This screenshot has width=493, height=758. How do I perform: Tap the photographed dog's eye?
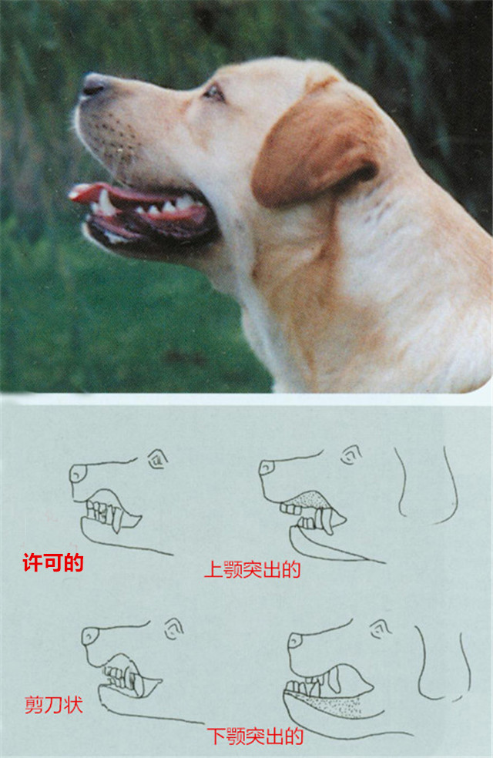(213, 92)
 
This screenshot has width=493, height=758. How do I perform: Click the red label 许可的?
(53, 562)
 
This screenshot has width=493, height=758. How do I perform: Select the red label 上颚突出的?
(253, 569)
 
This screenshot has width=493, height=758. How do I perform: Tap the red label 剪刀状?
(54, 705)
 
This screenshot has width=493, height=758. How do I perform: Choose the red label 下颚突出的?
(255, 736)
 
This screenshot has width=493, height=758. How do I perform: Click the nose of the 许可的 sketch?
(78, 473)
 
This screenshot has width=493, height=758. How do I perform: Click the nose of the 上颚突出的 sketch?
(267, 468)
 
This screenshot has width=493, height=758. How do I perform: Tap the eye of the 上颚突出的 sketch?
(351, 454)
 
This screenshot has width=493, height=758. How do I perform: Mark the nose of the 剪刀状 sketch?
(90, 636)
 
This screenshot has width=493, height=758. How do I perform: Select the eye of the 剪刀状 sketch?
(173, 629)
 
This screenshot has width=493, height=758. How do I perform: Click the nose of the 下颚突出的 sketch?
(295, 641)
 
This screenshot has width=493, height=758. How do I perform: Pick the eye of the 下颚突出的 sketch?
(381, 629)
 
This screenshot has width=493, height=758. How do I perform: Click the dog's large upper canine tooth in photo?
(106, 203)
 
